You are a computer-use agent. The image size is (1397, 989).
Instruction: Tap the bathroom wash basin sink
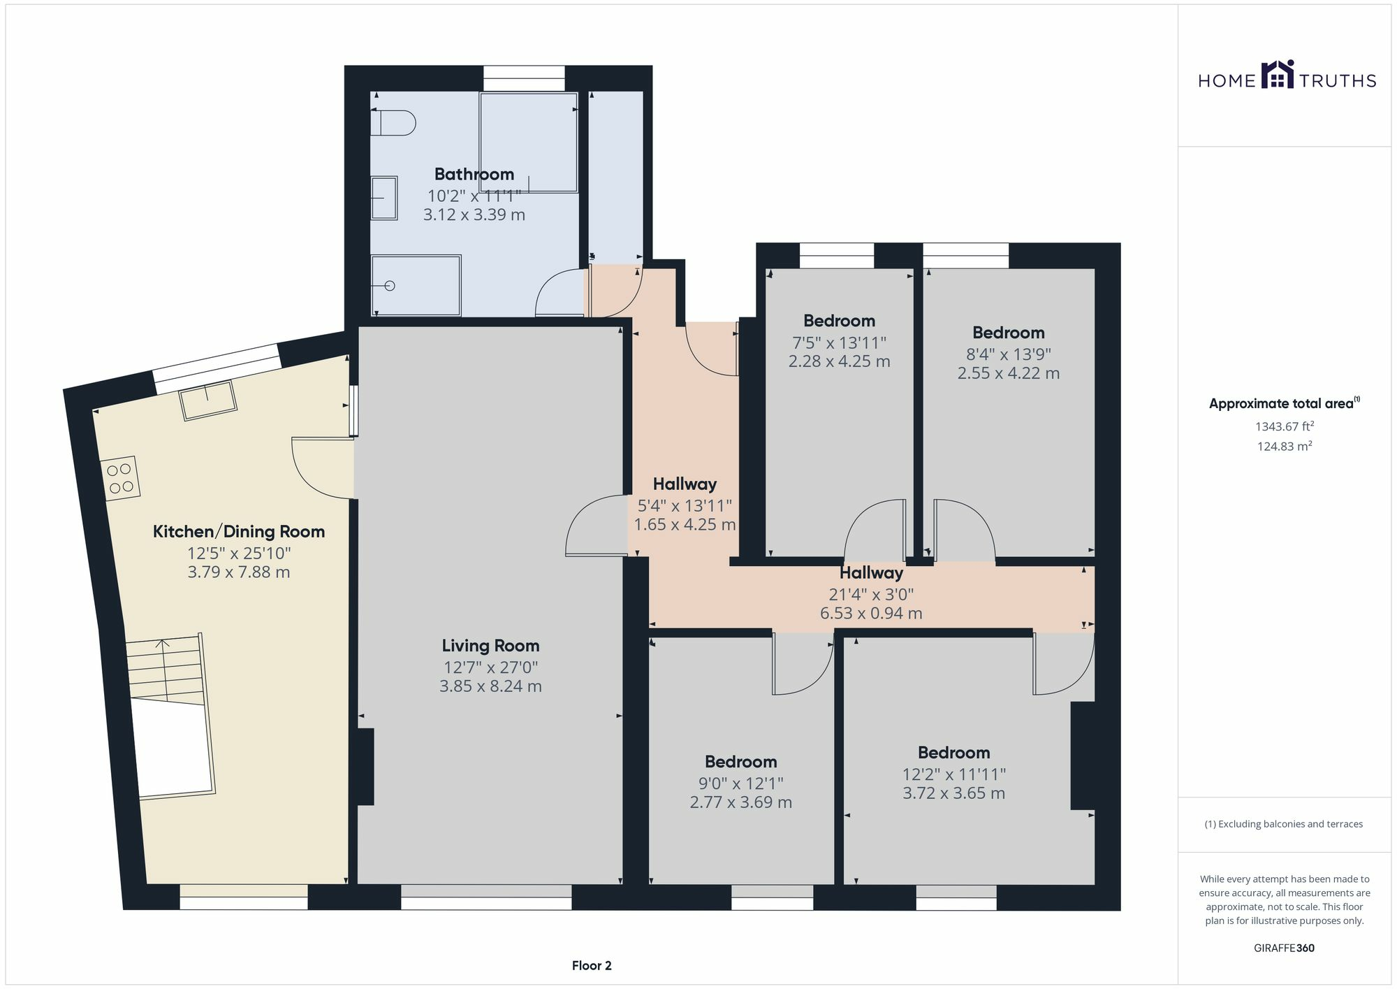(383, 198)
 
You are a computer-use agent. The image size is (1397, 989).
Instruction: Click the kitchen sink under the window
(208, 400)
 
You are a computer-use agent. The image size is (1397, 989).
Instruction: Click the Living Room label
(490, 646)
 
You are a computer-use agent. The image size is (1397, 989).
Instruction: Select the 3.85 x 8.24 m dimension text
(490, 686)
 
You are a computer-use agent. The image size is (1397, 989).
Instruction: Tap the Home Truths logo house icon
(1277, 75)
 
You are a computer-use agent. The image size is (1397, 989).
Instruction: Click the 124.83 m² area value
(1284, 447)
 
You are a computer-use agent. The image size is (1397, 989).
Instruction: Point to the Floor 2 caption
(591, 966)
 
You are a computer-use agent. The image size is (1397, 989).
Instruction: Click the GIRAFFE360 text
(1284, 948)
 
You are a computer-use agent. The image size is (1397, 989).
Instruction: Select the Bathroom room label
(474, 174)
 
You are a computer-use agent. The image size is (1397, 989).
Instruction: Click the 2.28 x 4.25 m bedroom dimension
(839, 361)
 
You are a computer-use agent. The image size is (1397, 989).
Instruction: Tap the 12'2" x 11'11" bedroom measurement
(953, 774)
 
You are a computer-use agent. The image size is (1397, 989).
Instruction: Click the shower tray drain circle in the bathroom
(390, 286)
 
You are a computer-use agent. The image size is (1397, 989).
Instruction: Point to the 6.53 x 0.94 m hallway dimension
(870, 614)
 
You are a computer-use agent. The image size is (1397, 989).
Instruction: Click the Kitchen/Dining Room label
(239, 531)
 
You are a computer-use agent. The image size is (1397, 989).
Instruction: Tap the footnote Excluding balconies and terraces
(1284, 824)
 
